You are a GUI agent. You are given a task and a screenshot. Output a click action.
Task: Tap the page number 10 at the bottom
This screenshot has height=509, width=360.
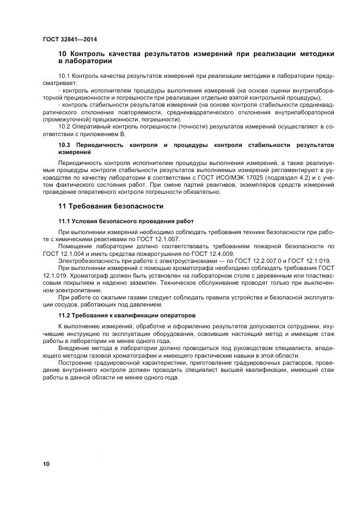click(x=46, y=464)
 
